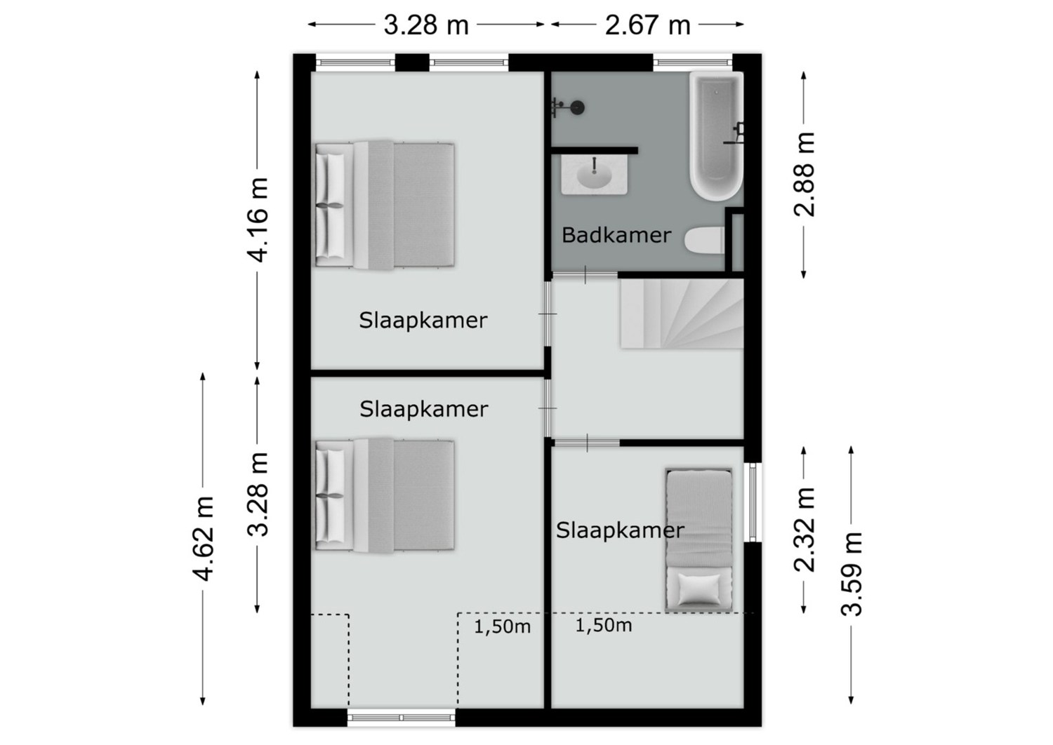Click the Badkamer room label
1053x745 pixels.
pyautogui.click(x=616, y=235)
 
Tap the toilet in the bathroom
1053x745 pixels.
pyautogui.click(x=704, y=241)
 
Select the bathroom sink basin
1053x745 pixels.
pyautogui.click(x=594, y=174)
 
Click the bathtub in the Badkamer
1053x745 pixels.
pyautogui.click(x=716, y=136)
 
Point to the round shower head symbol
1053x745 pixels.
pyautogui.click(x=578, y=108)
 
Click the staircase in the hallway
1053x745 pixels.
pyautogui.click(x=682, y=314)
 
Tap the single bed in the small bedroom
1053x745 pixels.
pyautogui.click(x=698, y=539)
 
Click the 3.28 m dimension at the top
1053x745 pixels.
pyautogui.click(x=426, y=25)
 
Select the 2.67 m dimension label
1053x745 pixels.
pyautogui.click(x=647, y=25)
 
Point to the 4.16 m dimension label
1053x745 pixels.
pyautogui.click(x=257, y=220)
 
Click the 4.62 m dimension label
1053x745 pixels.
pyautogui.click(x=203, y=538)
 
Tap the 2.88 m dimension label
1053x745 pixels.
pyautogui.click(x=804, y=174)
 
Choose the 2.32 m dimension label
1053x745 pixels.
pyautogui.click(x=804, y=530)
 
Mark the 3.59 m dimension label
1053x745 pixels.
pyautogui.click(x=852, y=574)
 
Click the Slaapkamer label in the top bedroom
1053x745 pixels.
pyautogui.click(x=423, y=321)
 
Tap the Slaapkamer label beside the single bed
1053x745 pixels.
pyautogui.click(x=620, y=530)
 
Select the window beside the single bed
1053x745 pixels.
pyautogui.click(x=753, y=502)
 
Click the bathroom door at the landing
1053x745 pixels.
pyautogui.click(x=585, y=275)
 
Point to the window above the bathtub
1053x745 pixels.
pyautogui.click(x=692, y=62)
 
